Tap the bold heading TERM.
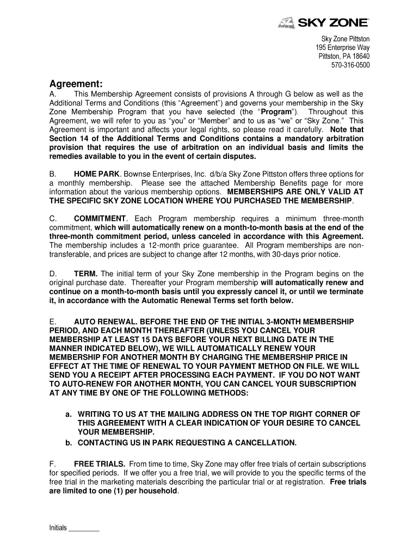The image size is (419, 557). coord(87,274)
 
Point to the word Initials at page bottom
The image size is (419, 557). coord(58,528)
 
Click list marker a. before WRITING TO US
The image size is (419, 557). coord(69,414)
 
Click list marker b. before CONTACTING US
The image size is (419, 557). coord(69,442)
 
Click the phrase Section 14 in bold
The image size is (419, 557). coord(67,139)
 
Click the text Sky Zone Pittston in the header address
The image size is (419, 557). coord(345,39)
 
